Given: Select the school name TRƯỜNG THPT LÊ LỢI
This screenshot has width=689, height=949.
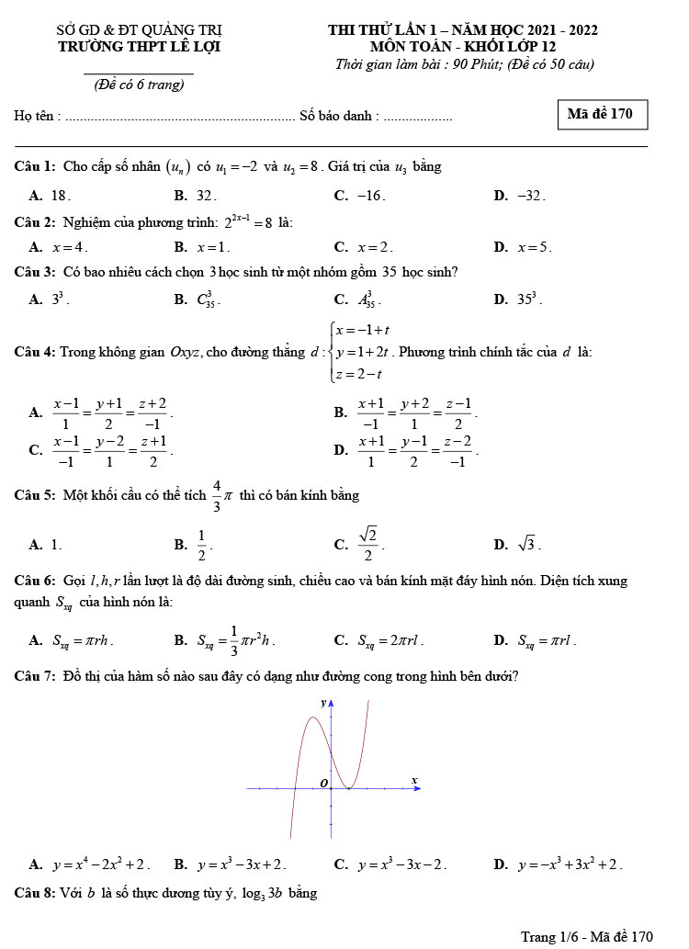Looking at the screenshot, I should coord(139,47).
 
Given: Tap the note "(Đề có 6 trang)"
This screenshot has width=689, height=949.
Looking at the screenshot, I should coord(139,85).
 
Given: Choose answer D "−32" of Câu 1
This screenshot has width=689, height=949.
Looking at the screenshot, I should coord(530,195).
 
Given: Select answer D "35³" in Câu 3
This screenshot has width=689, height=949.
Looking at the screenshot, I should coord(529,299).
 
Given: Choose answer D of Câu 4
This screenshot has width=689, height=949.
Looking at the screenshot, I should coord(419,449).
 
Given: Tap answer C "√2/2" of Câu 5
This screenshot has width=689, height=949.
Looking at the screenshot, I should coord(367,544).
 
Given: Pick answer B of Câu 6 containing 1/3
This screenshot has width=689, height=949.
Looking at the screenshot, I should coord(236,640).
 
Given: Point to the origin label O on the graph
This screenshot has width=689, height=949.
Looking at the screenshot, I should coord(322,782).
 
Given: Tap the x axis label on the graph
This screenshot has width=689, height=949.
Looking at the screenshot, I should coord(413,780).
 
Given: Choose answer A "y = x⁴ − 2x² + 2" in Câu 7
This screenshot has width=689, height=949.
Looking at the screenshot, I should coord(101,864).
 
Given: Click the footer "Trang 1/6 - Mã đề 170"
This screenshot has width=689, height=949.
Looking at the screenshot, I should coord(586,936).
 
